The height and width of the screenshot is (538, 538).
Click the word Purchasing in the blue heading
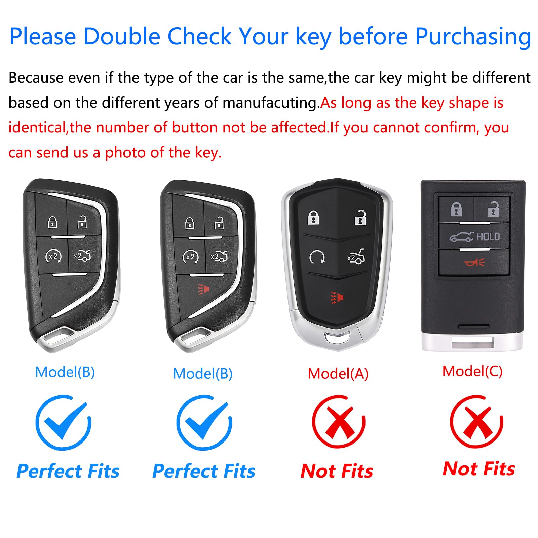coord(473,36)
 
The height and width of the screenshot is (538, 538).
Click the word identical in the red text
coord(37,128)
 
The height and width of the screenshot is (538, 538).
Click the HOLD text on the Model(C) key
coord(488,237)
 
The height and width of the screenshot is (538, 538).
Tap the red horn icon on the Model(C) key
coord(474,262)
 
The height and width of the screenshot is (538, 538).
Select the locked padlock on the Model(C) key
coord(456,209)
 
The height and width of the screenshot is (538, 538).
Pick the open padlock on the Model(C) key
coord(493,209)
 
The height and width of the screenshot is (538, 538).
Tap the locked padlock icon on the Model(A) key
coord(313,217)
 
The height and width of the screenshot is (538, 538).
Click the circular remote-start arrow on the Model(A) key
coord(317,257)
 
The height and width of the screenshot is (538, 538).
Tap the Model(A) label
coord(338,374)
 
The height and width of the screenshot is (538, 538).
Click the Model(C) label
coord(472,371)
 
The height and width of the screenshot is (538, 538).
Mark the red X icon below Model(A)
coord(339,422)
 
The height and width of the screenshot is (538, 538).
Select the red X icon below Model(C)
coord(476,422)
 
